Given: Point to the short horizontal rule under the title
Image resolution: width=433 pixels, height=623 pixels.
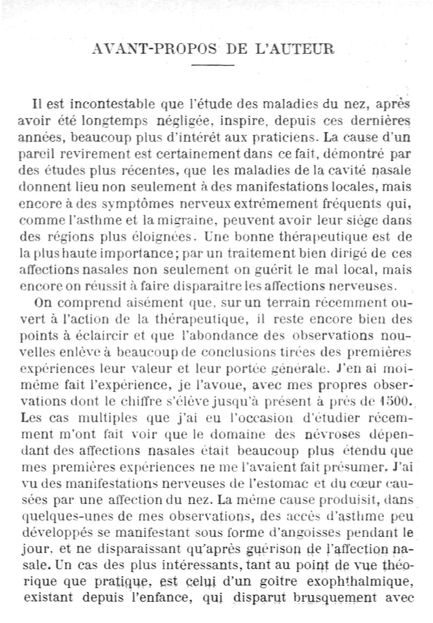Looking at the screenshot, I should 213,66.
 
